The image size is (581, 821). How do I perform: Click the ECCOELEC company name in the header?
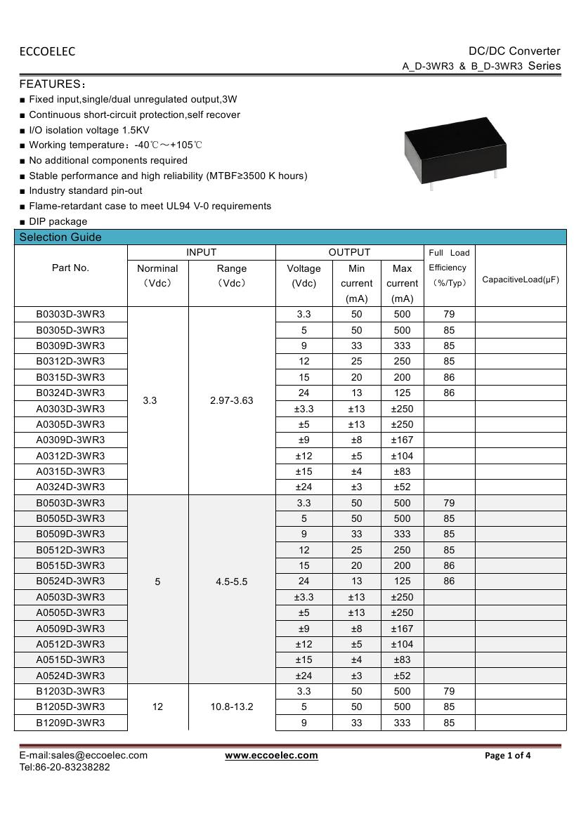[x=47, y=51]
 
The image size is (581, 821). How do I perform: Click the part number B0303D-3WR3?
[x=70, y=314]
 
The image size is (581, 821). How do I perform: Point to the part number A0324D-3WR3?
[x=70, y=487]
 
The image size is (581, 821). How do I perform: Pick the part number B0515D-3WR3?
[x=70, y=565]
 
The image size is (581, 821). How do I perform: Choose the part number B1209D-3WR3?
[x=70, y=722]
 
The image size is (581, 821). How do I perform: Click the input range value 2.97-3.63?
[x=232, y=400]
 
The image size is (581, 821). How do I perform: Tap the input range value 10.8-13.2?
[x=232, y=707]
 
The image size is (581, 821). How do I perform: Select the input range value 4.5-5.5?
[x=232, y=582]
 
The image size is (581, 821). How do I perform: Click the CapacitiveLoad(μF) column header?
[x=521, y=280]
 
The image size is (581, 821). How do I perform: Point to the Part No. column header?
[x=70, y=268]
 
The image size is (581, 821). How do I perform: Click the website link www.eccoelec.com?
[x=271, y=756]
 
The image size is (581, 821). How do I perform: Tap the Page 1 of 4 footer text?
[x=508, y=756]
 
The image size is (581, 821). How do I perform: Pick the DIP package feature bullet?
[x=58, y=221]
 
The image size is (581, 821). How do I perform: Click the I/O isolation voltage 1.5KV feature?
[x=89, y=130]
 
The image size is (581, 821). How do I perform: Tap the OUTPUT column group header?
[x=349, y=252]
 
